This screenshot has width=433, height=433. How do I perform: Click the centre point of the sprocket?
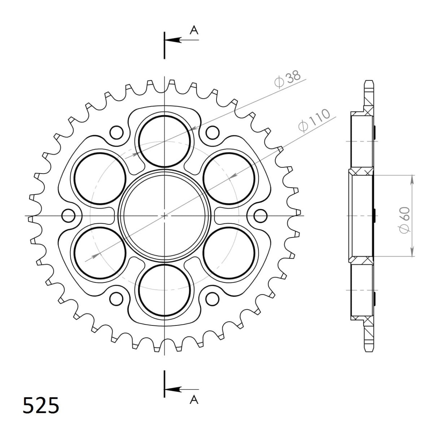point(165,216)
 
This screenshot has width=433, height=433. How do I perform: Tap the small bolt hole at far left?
point(68,216)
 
